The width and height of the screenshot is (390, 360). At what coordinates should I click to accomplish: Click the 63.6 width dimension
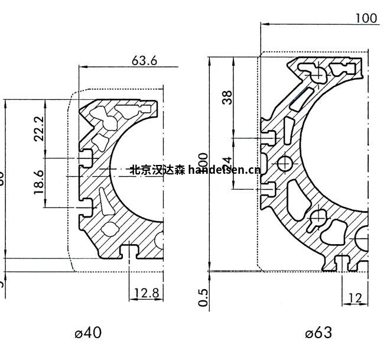click(144, 61)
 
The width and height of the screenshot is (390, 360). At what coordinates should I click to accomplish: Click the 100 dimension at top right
click(366, 18)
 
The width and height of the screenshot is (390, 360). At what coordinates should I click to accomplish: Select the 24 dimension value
click(227, 163)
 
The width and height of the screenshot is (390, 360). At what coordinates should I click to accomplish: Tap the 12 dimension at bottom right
click(356, 299)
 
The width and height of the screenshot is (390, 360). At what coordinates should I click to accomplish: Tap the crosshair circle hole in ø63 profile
click(285, 162)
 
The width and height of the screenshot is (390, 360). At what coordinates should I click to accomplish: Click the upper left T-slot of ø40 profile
click(87, 158)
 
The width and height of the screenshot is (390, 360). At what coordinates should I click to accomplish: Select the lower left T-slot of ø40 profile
click(87, 206)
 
